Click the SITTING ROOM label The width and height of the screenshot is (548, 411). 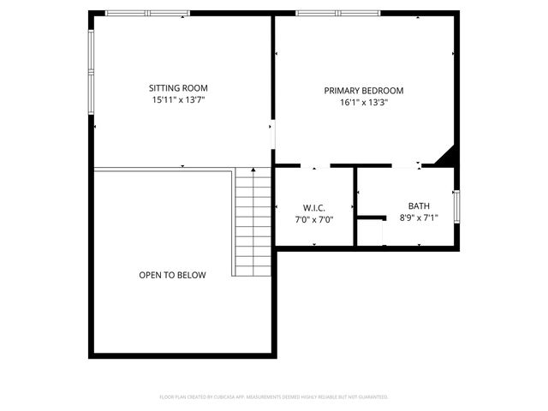point(178,87)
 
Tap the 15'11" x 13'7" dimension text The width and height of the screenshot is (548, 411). point(178,99)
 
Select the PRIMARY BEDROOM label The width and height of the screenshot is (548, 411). point(363,90)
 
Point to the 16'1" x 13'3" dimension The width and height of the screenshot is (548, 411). point(363,102)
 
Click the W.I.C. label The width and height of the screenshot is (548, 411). point(313,208)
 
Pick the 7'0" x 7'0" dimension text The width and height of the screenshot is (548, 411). point(313,220)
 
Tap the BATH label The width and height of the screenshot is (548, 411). point(419,205)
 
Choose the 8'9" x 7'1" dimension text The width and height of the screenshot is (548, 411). point(419,217)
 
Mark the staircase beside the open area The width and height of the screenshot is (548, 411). point(253,222)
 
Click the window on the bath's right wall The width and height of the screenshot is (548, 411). point(456,207)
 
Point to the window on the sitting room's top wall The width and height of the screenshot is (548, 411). point(147,13)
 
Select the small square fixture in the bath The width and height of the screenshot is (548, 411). point(369,232)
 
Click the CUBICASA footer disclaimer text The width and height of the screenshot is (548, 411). point(274,397)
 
